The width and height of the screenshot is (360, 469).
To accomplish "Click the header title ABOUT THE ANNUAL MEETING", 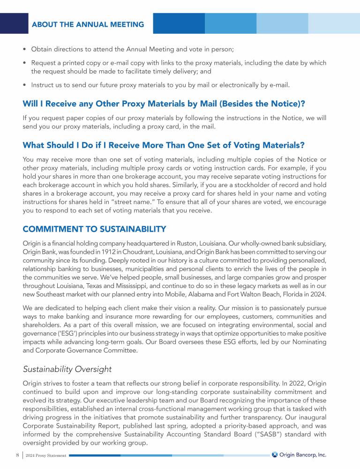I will pyautogui.click(x=88, y=24).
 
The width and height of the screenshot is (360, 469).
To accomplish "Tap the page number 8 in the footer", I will pyautogui.click(x=17, y=455).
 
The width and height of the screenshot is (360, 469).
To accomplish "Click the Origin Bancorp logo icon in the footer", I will pyautogui.click(x=275, y=454).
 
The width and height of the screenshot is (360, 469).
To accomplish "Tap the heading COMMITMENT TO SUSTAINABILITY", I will pyautogui.click(x=94, y=229).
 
